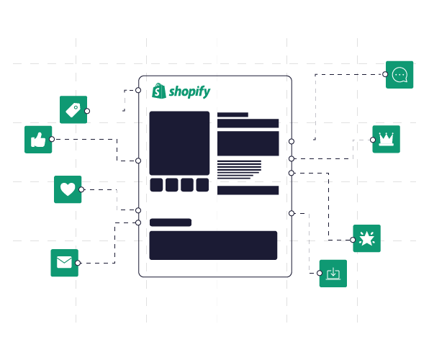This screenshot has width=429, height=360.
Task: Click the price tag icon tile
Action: pos(73,109)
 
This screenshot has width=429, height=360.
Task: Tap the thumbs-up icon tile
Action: pos(38,140)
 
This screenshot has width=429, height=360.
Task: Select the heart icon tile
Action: pos(68,189)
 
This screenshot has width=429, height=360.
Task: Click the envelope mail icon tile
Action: pos(64,263)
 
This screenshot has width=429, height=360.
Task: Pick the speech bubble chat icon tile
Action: pos(399,75)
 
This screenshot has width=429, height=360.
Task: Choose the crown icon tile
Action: pos(386,139)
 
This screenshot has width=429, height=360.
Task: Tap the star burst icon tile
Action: pos(366,238)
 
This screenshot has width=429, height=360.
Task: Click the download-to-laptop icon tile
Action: pos(333,274)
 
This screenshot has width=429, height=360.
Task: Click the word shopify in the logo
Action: pos(189,91)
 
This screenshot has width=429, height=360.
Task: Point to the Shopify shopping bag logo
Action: pos(159,91)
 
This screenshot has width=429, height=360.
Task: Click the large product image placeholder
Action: pos(179,143)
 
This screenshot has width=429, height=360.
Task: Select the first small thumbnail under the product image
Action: pos(156,185)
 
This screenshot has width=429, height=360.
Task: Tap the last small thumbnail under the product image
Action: pos(202,185)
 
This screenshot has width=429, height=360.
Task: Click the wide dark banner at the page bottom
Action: pos(213,246)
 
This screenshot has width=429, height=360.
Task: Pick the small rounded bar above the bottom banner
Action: pos(171,222)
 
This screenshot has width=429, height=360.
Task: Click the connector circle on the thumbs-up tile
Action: pos(52,139)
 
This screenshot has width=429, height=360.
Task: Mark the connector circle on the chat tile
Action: pos(385,74)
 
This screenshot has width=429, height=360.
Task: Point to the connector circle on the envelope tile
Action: pos(78,263)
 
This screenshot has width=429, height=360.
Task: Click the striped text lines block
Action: pos(240,170)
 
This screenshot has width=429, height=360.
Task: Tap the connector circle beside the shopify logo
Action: pos(138,90)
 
